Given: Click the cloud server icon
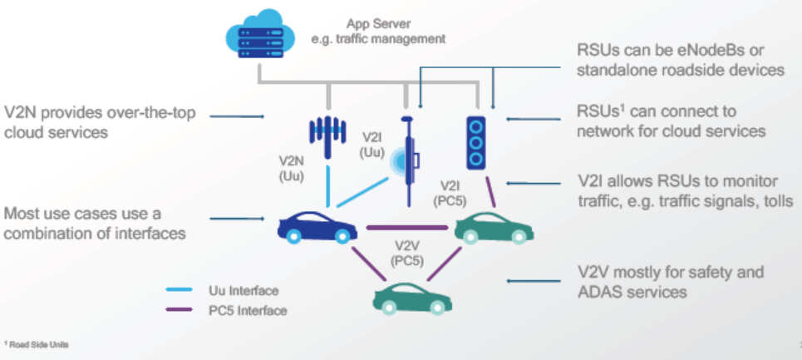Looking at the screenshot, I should [259, 37].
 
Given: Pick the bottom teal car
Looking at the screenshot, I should [407, 298].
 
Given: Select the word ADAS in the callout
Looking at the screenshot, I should [599, 292].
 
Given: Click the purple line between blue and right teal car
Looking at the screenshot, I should [403, 227].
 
